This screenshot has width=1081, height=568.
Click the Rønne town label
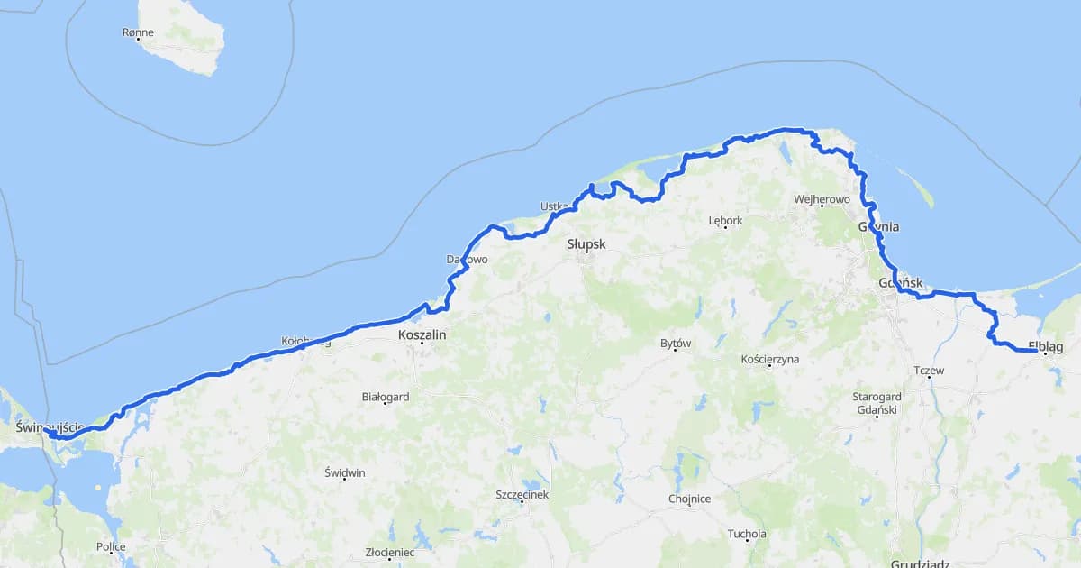click(x=138, y=32)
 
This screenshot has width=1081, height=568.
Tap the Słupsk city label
click(x=586, y=244)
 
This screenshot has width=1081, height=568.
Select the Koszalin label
click(x=422, y=334)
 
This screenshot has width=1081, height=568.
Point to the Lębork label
click(x=725, y=221)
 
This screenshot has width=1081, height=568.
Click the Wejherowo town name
click(x=822, y=199)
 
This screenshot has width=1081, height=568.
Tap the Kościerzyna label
click(x=769, y=359)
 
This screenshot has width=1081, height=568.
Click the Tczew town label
click(x=928, y=371)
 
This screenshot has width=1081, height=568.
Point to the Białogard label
click(x=386, y=396)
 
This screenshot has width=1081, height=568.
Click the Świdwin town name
click(x=345, y=473)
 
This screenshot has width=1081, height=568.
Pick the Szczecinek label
click(x=522, y=494)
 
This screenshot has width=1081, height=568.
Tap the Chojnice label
click(x=689, y=499)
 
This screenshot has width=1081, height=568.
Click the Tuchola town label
click(x=747, y=534)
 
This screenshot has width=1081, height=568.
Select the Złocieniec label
click(x=389, y=552)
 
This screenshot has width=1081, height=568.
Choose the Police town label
click(x=111, y=546)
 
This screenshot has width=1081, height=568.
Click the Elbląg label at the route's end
click(x=1045, y=346)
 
